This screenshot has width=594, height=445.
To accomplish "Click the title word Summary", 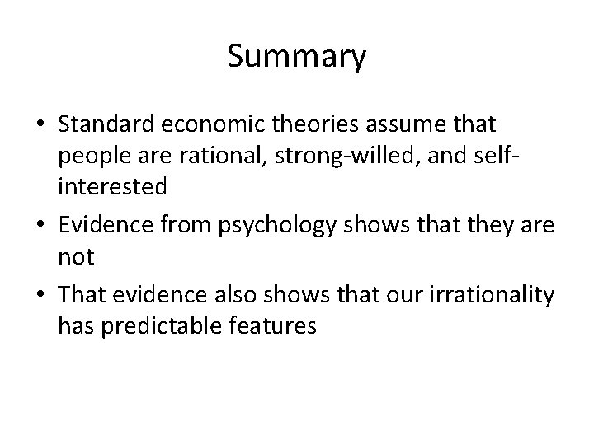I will coord(296,57).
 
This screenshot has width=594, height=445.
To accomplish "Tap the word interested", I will coord(112,187).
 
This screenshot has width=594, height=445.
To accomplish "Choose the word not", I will coord(77,255).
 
